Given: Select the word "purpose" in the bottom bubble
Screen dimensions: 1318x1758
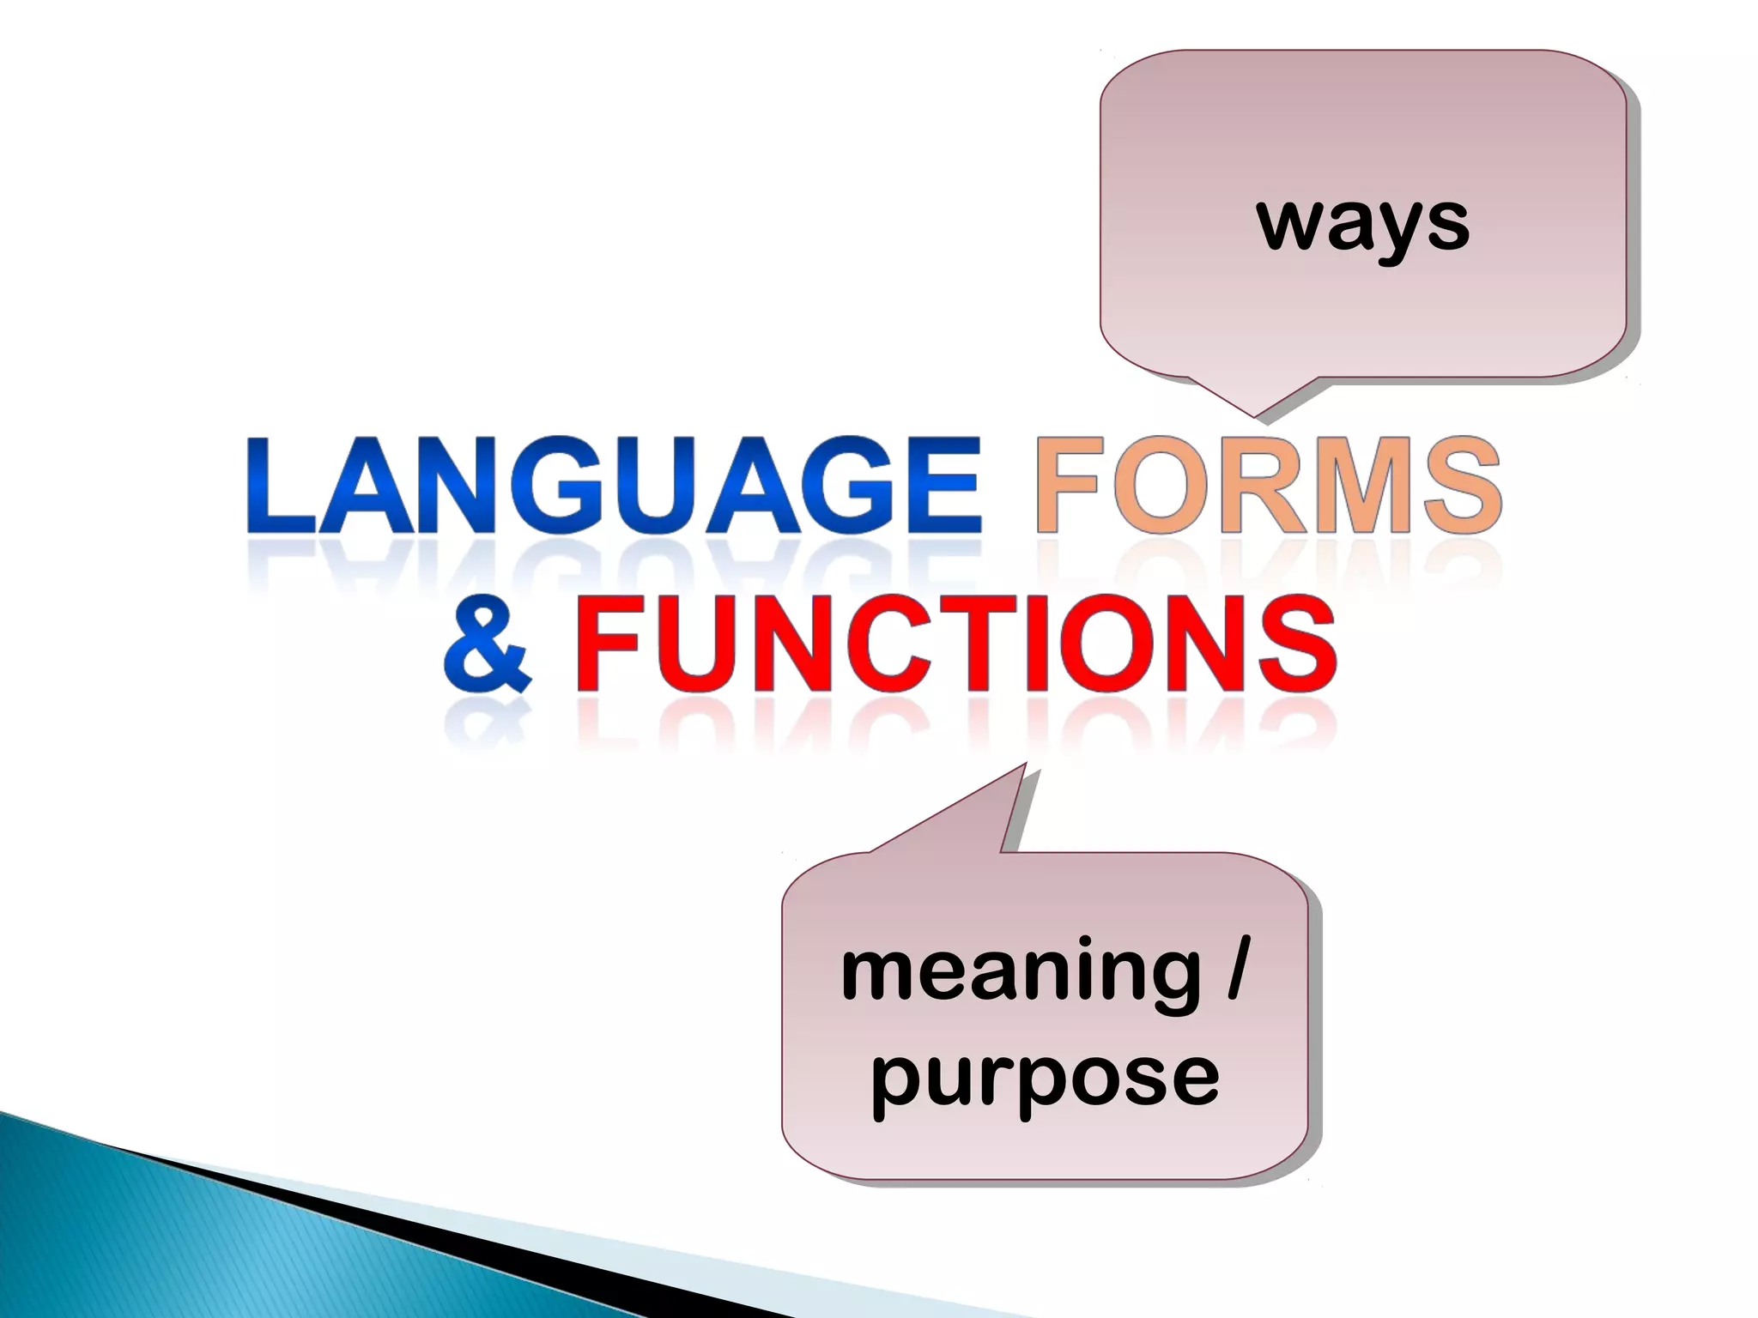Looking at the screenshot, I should [x=1045, y=1077].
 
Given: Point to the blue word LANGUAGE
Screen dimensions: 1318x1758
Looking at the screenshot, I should [x=613, y=487].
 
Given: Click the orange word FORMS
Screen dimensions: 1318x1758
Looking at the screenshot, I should [x=1269, y=487].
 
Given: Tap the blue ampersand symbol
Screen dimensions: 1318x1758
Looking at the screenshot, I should [x=486, y=647].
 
